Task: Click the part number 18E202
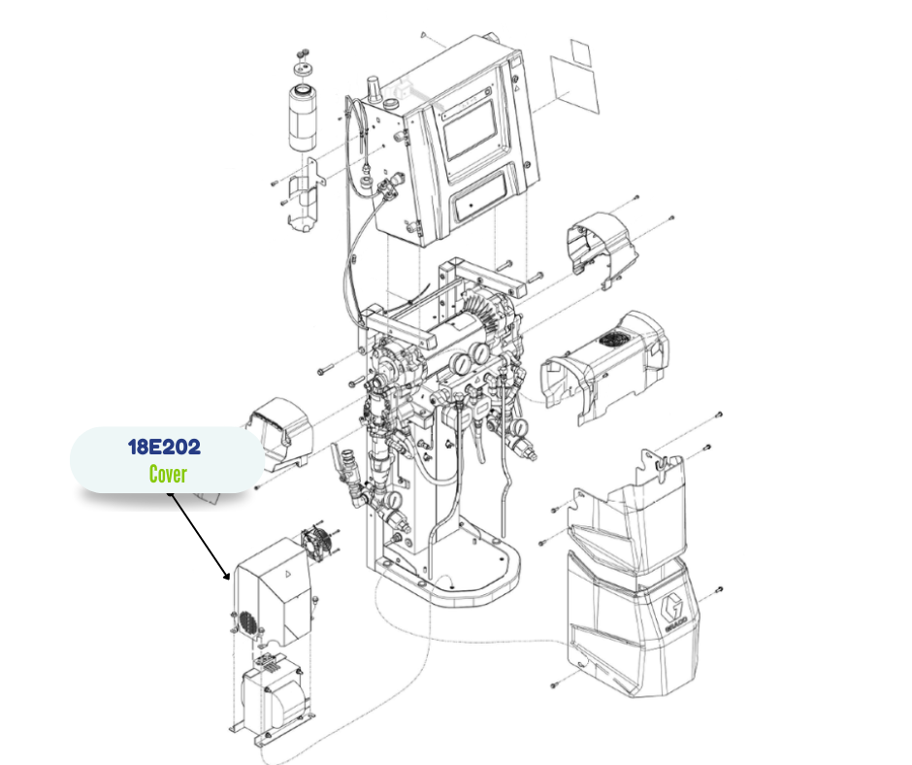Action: [164, 448]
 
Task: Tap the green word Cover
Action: [168, 474]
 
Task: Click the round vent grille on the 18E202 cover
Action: [247, 622]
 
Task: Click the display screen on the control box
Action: [470, 130]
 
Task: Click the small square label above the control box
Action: [580, 52]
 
